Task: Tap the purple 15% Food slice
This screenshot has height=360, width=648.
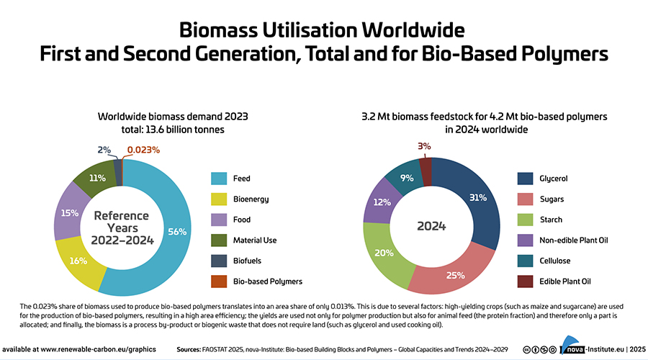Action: coord(70,213)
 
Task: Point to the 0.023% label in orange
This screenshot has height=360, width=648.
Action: coord(143,150)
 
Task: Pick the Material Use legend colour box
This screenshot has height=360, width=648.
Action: coord(220,240)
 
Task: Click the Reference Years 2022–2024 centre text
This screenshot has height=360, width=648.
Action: coord(122,226)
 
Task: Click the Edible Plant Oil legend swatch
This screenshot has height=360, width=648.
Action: coord(526,282)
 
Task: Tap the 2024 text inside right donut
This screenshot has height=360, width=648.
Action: coord(431,226)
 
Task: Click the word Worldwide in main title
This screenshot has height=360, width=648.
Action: coord(407,30)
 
